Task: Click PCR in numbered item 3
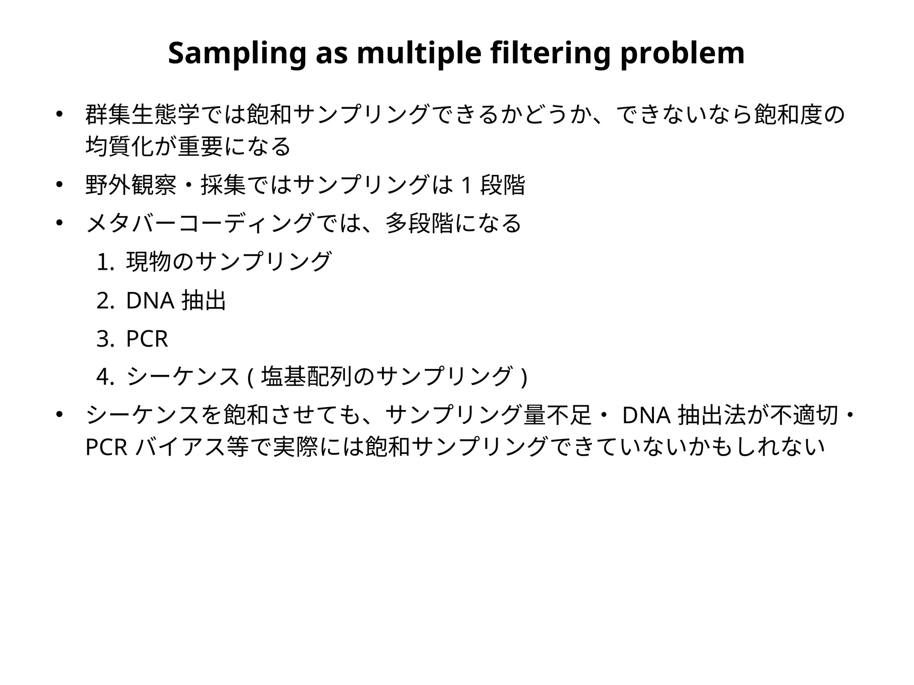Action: pos(147,339)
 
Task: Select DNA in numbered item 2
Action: pos(150,301)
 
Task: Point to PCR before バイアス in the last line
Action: pos(106,448)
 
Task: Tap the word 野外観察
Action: pos(131,186)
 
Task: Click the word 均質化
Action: pos(119,147)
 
